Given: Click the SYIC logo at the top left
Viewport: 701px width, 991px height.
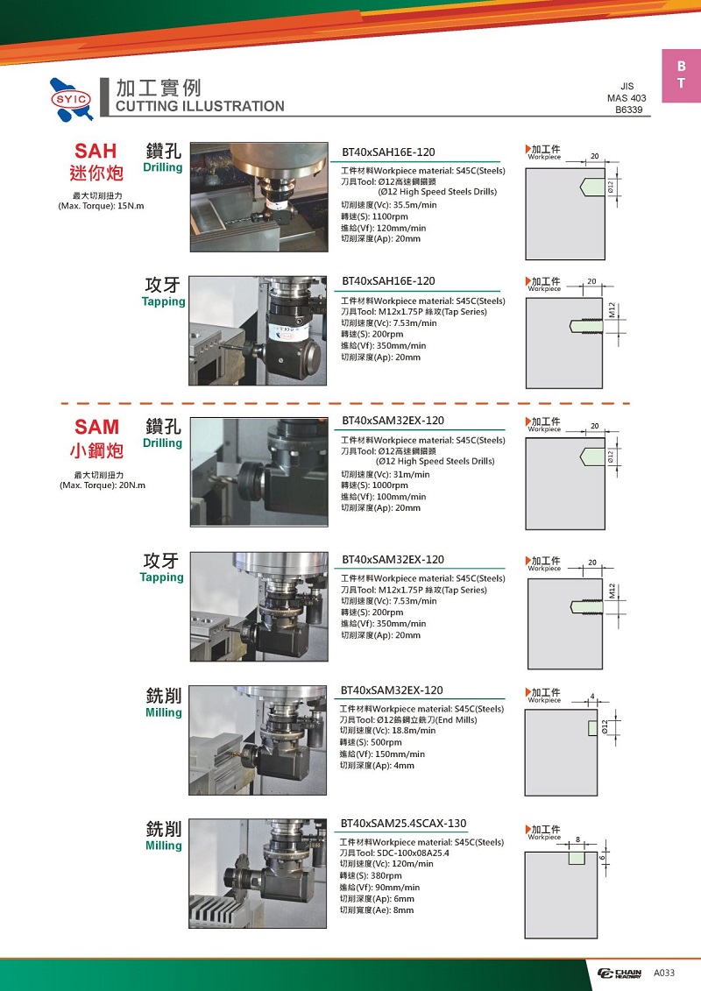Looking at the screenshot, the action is (x=72, y=99).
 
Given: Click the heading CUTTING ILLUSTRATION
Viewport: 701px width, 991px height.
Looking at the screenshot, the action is (x=200, y=106).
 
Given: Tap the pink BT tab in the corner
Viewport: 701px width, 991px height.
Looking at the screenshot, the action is (x=681, y=75).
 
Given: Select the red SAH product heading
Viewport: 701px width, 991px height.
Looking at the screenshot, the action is (x=96, y=151).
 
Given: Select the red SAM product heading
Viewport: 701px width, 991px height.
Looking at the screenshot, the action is (x=96, y=428).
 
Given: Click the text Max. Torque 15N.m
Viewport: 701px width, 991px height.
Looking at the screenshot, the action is (x=101, y=206).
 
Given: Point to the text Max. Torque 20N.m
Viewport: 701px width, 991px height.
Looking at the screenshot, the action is (x=103, y=485).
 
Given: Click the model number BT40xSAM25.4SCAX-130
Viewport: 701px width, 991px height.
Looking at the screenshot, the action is (x=403, y=824).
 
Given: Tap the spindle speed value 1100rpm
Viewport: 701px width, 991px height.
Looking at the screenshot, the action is (x=390, y=216).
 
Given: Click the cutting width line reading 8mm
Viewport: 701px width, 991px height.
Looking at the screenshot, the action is (x=377, y=910).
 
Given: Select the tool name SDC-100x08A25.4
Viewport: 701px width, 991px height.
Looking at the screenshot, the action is (x=413, y=853).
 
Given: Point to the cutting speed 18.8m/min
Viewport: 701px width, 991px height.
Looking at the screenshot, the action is (x=414, y=731).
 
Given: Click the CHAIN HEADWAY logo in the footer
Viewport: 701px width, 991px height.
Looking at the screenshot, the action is (x=620, y=973).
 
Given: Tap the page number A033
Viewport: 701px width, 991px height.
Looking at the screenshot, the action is (x=663, y=973).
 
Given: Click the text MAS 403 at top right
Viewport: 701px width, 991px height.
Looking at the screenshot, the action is (x=627, y=98).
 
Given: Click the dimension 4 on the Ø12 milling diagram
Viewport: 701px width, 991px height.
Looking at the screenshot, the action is (x=592, y=697).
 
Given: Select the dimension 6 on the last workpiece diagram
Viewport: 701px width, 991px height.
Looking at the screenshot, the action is (x=602, y=858).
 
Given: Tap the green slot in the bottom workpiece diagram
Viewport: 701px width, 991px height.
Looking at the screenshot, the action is (x=577, y=858).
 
